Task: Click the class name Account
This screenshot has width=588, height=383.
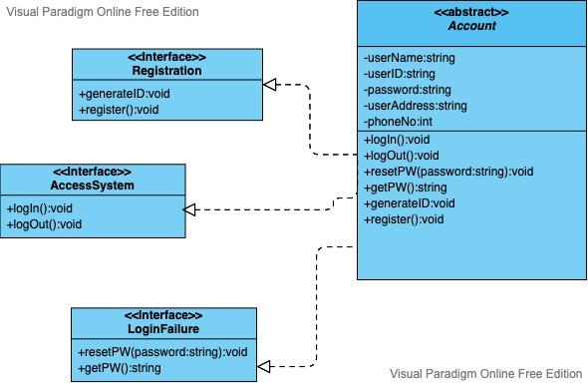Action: pyautogui.click(x=471, y=26)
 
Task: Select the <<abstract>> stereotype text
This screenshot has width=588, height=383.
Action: pyautogui.click(x=471, y=12)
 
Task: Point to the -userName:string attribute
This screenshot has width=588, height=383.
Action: pyautogui.click(x=409, y=58)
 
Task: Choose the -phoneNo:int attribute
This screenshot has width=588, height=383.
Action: pyautogui.click(x=398, y=121)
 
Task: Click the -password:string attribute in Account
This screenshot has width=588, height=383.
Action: pyautogui.click(x=408, y=89)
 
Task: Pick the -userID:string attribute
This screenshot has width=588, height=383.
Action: pyautogui.click(x=400, y=74)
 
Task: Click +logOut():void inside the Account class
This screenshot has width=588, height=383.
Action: pyautogui.click(x=402, y=156)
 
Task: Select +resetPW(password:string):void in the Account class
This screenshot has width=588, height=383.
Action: pyautogui.click(x=448, y=172)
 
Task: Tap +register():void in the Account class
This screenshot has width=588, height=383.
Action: pyautogui.click(x=404, y=219)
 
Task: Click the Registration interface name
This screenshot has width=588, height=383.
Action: pyautogui.click(x=166, y=71)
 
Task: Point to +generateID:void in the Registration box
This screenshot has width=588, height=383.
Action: pyautogui.click(x=117, y=94)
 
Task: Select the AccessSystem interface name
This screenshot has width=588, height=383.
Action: pyautogui.click(x=92, y=186)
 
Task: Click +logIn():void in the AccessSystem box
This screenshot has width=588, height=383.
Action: pyautogui.click(x=40, y=208)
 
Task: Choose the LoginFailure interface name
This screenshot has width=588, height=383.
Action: pyautogui.click(x=163, y=328)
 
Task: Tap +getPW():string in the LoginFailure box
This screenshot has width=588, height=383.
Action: pyautogui.click(x=119, y=368)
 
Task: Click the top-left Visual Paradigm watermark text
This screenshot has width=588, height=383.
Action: pyautogui.click(x=104, y=12)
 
